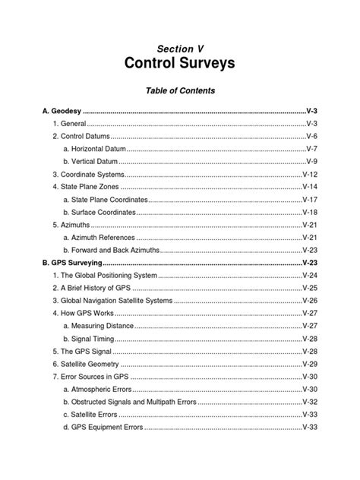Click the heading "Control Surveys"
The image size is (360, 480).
(180, 64)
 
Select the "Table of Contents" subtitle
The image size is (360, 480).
(180, 90)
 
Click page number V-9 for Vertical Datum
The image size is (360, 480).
(311, 161)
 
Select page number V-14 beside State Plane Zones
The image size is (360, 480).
(310, 187)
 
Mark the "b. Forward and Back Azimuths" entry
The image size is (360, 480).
(112, 250)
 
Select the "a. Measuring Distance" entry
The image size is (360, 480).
(97, 325)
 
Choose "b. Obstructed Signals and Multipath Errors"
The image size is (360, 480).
(137, 401)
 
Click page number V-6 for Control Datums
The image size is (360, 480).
(311, 136)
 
